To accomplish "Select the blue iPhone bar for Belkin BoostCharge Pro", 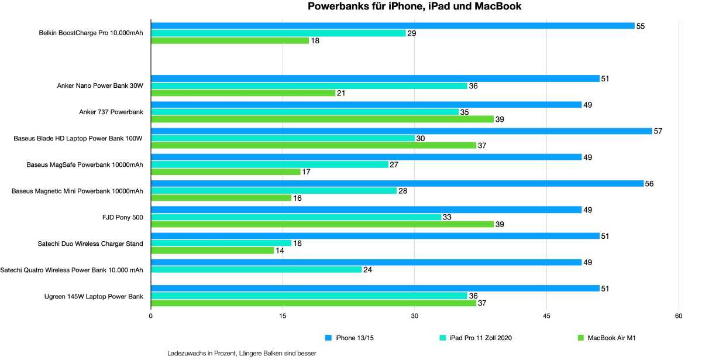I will [x=393, y=26].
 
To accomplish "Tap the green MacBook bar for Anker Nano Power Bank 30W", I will [x=243, y=93].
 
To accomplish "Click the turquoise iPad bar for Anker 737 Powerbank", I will [x=305, y=112].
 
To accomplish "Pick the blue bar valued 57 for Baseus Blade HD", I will [x=401, y=131].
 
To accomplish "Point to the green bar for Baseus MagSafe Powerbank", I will [x=225, y=172].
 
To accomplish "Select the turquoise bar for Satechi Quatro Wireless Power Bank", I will [x=256, y=269].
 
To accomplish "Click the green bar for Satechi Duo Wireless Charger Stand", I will [x=212, y=251].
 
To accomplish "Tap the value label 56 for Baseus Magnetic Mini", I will [x=649, y=184].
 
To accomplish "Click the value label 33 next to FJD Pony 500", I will [x=446, y=217].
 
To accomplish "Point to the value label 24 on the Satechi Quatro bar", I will [x=367, y=270].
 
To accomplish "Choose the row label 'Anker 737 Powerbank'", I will [x=111, y=112].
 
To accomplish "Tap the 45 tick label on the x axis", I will [x=546, y=316].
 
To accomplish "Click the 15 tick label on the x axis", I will [x=283, y=316].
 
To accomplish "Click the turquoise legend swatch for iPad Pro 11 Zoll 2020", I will [x=443, y=338].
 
